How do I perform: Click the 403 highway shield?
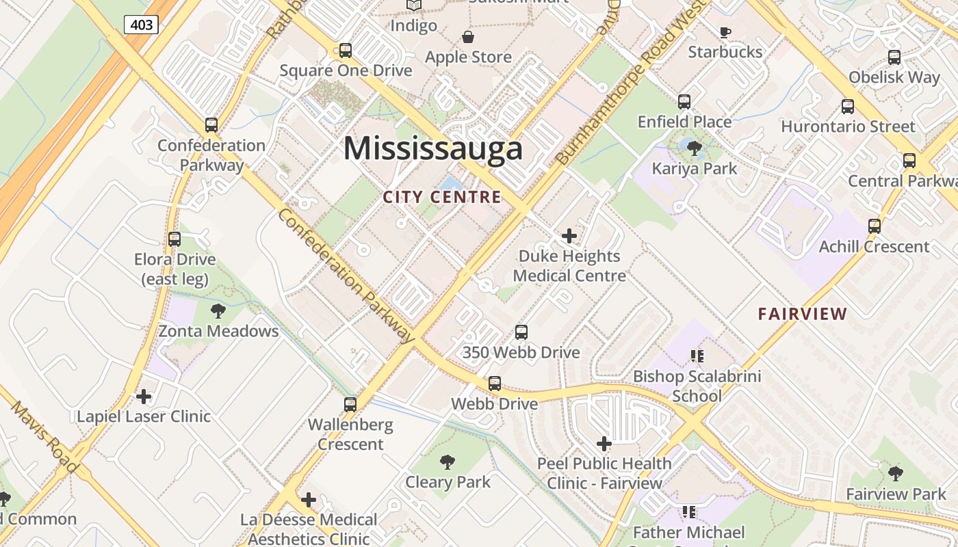142,25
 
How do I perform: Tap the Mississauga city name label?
432,148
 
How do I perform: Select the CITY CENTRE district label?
442,198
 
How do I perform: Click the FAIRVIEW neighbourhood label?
803,315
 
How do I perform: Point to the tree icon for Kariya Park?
695,148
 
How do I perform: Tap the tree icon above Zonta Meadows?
218,311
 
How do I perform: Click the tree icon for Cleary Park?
448,462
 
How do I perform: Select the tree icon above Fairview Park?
896,473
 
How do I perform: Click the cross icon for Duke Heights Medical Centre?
569,237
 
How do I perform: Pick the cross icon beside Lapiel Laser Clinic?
144,397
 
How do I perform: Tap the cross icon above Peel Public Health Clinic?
604,444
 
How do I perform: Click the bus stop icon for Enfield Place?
684,102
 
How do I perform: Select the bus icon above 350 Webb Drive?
521,332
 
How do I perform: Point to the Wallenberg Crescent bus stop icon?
350,404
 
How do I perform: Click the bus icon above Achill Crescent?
874,226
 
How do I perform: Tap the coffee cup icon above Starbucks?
725,32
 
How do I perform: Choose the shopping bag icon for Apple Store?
468,37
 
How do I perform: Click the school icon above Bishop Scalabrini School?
697,356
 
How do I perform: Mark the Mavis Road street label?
45,437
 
